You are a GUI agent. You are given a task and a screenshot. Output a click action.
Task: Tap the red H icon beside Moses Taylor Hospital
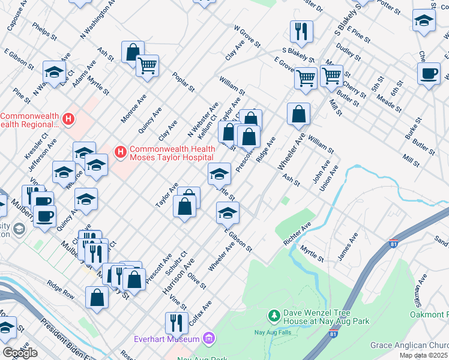(120, 154)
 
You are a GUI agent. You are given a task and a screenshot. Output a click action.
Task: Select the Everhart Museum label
(171, 340)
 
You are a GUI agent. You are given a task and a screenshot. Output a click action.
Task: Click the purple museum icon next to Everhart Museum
(208, 340)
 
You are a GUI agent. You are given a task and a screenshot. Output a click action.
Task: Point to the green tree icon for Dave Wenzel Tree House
(274, 316)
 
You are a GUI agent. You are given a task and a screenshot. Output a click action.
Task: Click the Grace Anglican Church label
(409, 346)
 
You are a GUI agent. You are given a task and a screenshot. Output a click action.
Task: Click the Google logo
(20, 353)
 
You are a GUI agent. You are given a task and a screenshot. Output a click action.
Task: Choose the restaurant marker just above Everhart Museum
(176, 322)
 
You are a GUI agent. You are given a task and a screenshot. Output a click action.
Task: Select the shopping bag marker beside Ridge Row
(97, 297)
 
